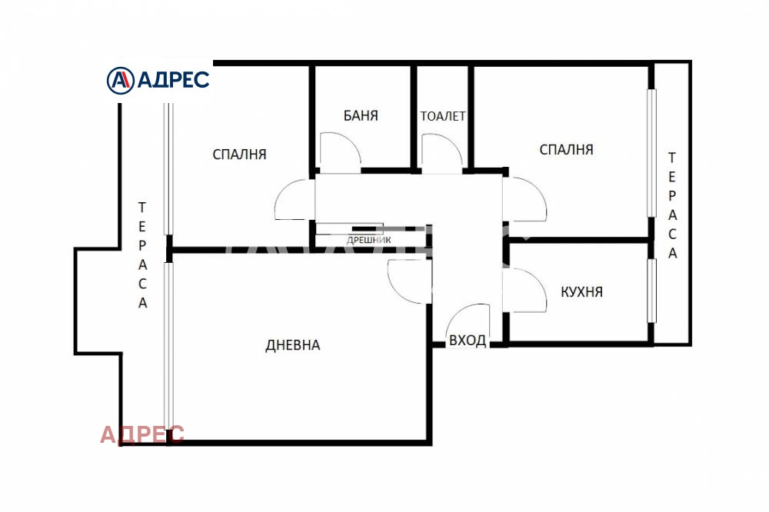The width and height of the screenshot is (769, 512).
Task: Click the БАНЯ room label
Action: coord(361,116)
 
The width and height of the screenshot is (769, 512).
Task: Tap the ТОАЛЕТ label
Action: coord(443,117)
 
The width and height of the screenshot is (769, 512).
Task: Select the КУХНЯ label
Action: coord(581,292)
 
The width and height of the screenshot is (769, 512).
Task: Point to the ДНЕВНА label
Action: coord(292,345)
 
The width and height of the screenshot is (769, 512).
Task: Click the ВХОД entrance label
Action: coord(467,341)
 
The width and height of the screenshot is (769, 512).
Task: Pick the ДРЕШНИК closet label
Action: coord(369,240)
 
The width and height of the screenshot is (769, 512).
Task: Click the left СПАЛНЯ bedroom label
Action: coord(239,154)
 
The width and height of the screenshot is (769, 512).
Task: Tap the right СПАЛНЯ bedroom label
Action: coord(566,149)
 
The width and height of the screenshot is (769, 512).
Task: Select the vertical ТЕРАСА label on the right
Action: coord(672,205)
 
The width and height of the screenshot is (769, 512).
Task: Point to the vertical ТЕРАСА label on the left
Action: coord(142,254)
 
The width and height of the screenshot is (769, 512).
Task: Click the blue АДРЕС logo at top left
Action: coord(158,79)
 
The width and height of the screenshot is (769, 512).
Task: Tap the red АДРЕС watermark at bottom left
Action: coord(142,434)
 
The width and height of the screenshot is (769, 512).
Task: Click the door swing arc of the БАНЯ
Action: coord(339,151)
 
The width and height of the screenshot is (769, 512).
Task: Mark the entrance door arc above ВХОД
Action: coord(468,318)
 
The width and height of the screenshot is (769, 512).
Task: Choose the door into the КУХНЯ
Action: coord(526,291)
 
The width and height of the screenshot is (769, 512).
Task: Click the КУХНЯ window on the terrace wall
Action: coord(651,291)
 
